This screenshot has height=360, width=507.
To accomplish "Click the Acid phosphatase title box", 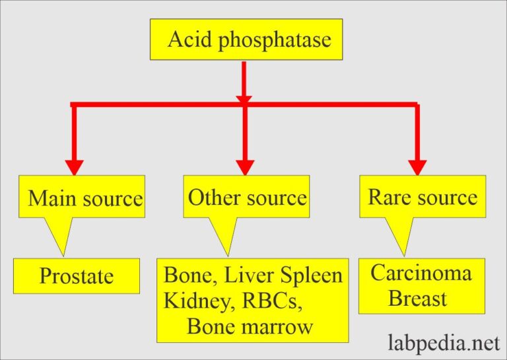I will click(246, 40).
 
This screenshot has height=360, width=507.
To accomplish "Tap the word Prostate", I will click(77, 275).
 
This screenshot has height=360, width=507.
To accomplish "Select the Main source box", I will click(82, 196).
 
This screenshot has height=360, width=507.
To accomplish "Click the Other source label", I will click(247, 197).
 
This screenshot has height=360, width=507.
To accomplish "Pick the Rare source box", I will click(422, 196).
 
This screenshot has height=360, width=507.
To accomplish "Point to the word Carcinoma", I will click(421, 273).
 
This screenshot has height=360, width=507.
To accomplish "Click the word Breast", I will click(417, 299).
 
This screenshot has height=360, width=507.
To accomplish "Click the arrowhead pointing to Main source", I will click(75, 166).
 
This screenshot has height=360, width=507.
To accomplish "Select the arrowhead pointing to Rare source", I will click(417, 166).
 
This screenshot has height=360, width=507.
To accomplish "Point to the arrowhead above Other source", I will click(245, 166).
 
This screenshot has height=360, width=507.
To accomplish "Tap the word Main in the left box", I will click(52, 198).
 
